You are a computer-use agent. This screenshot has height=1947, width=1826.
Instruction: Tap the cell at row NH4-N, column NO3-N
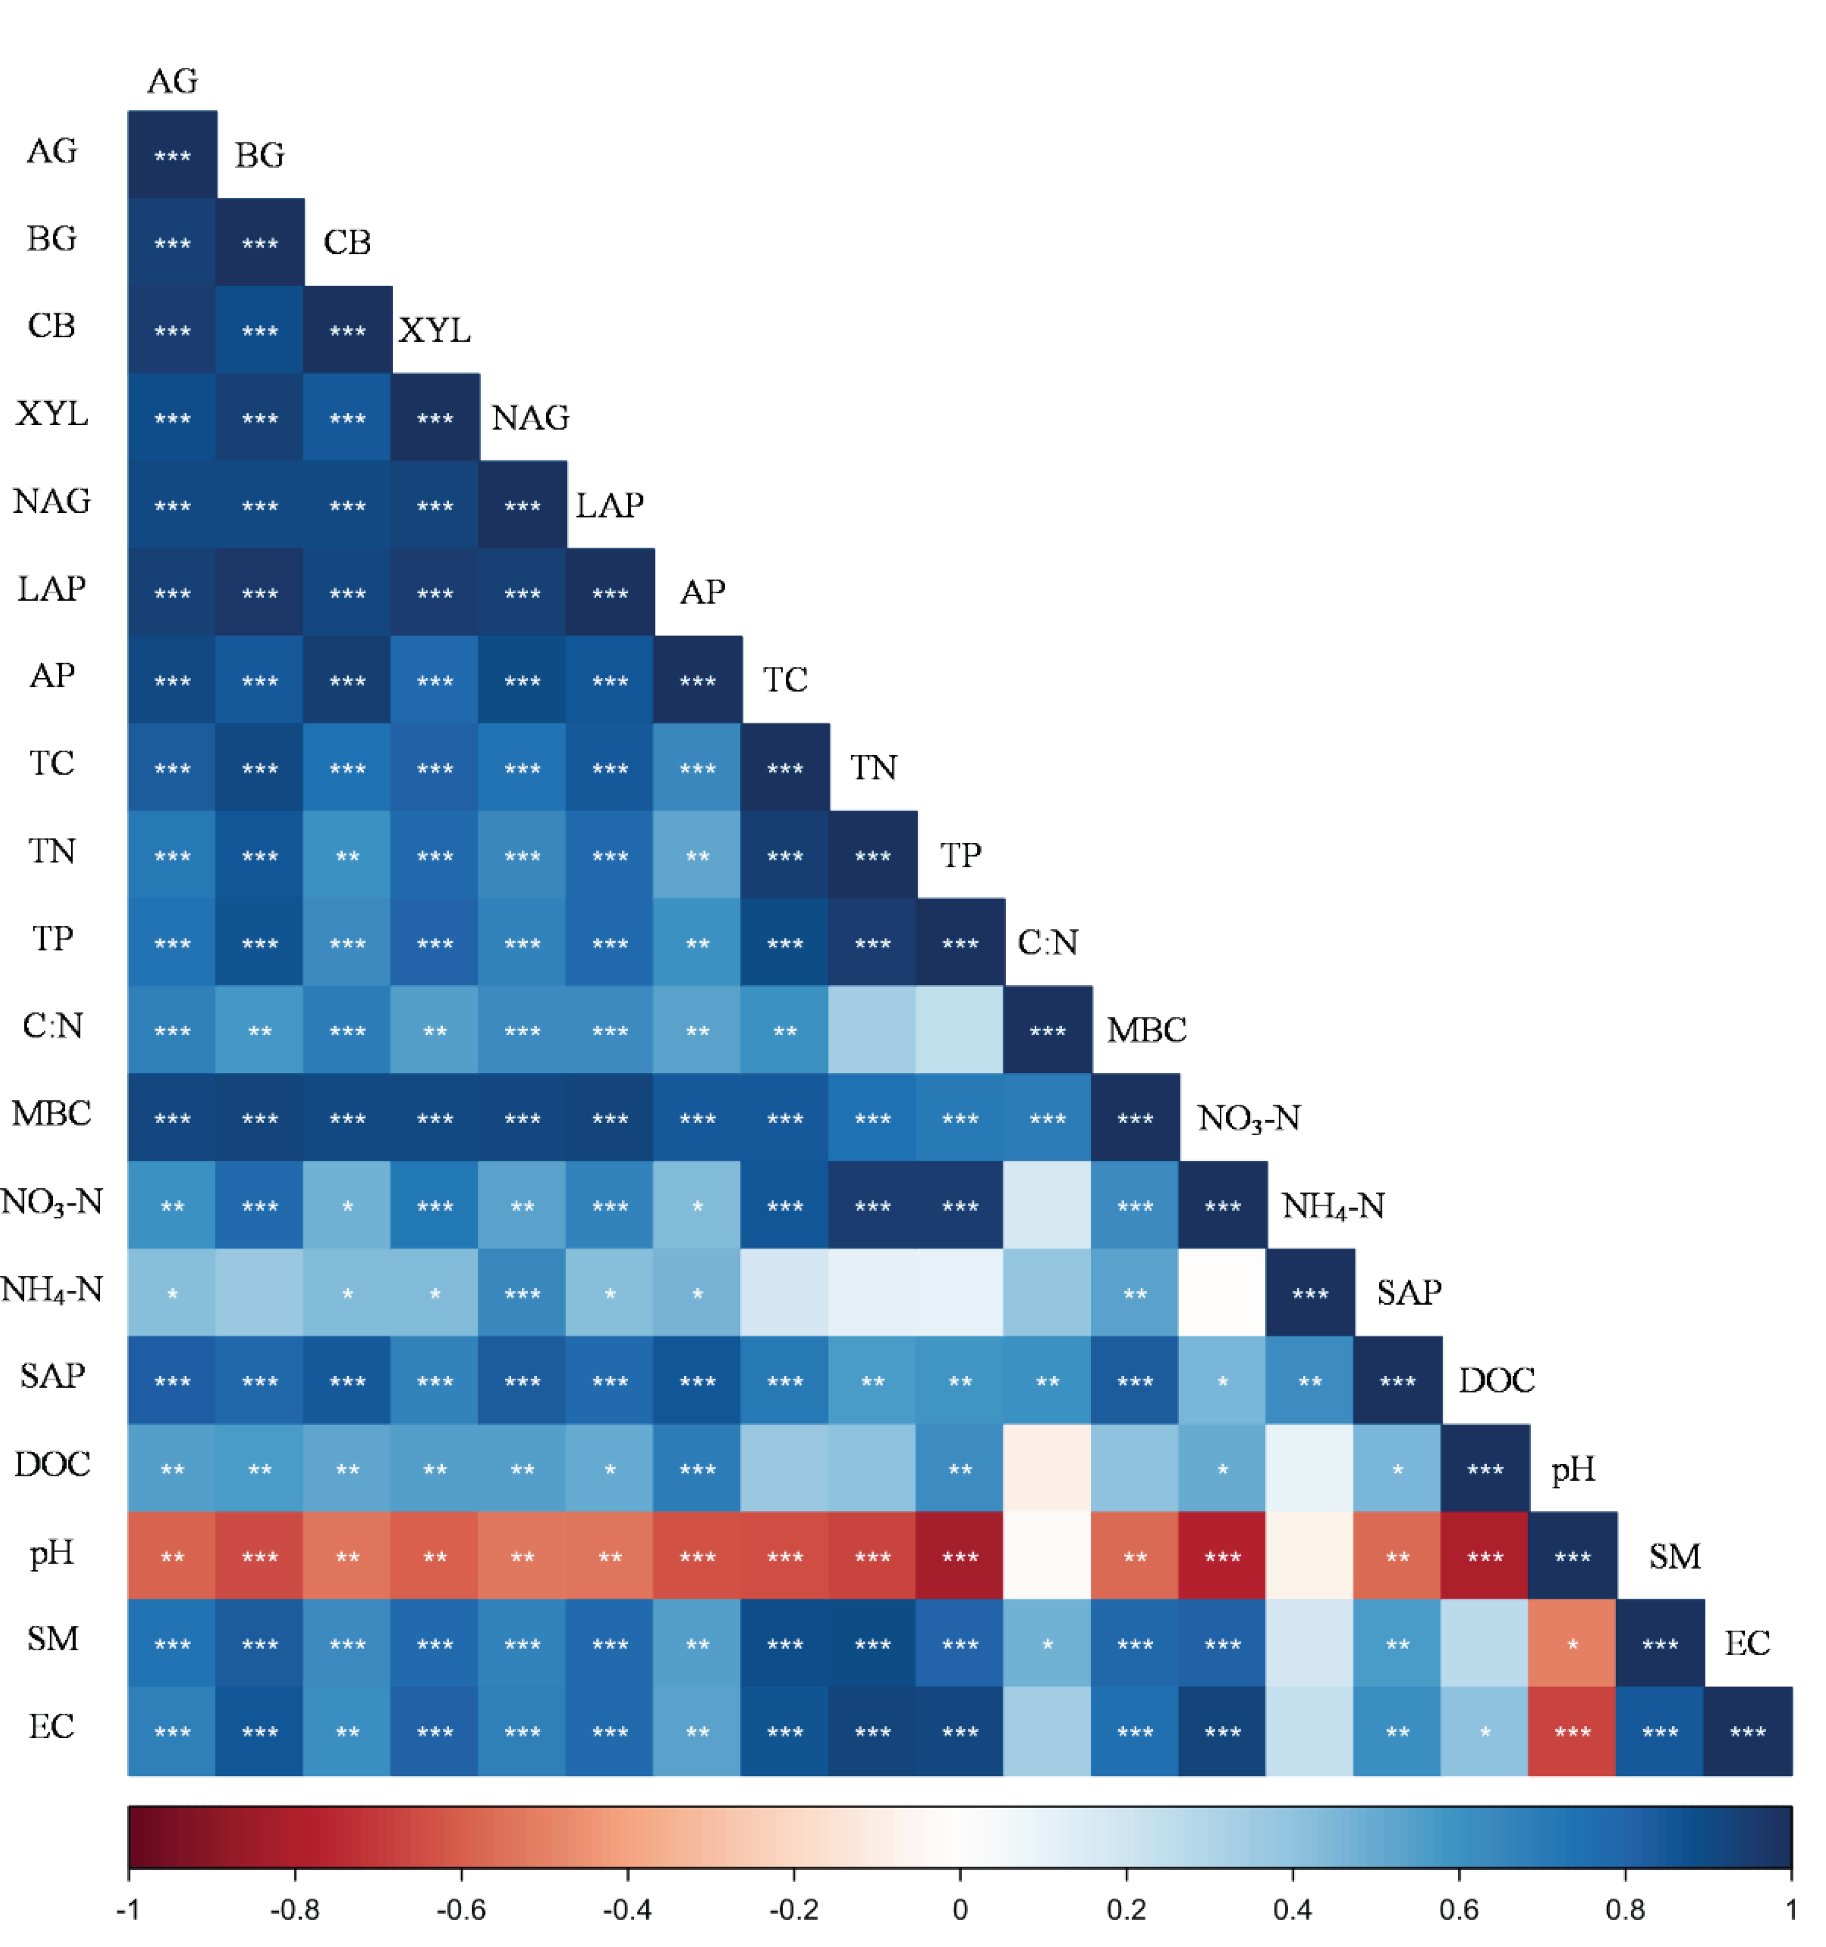1223,1294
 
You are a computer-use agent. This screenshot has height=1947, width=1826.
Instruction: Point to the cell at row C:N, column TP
960,1030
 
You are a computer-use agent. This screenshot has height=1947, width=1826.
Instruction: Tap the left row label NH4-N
52,1290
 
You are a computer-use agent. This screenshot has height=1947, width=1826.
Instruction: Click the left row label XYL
52,415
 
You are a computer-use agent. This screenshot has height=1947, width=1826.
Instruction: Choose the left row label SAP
52,1376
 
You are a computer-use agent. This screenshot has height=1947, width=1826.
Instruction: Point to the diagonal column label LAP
610,505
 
